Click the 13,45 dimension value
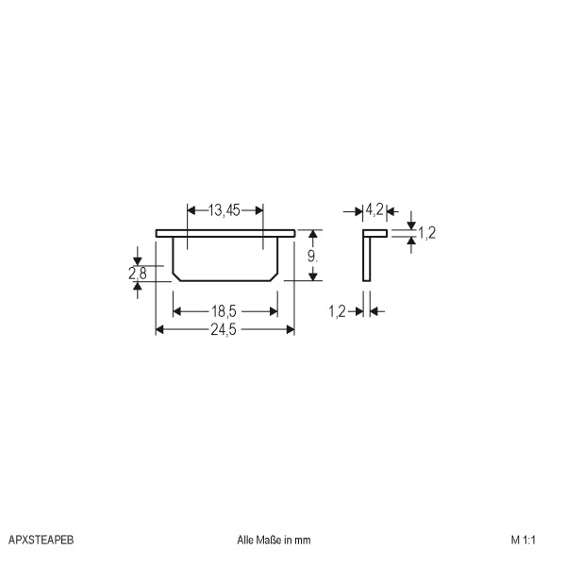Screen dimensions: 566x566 point(225,210)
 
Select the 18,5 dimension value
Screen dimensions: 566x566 point(224,311)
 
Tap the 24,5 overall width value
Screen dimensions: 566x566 point(224,329)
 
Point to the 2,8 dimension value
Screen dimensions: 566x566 point(138,274)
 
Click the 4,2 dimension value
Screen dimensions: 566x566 point(375,209)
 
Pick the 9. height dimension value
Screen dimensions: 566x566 point(312,257)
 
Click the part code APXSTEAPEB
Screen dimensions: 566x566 point(41,540)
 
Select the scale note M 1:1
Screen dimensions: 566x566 point(523,540)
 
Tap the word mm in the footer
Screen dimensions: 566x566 point(303,541)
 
